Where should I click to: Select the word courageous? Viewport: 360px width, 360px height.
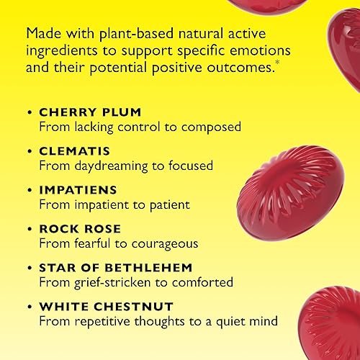163,244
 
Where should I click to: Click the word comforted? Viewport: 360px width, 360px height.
201,283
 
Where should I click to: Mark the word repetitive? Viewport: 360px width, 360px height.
99,322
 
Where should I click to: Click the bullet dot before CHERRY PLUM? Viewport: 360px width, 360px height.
29,113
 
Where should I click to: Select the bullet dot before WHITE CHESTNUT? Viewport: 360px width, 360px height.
29,307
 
